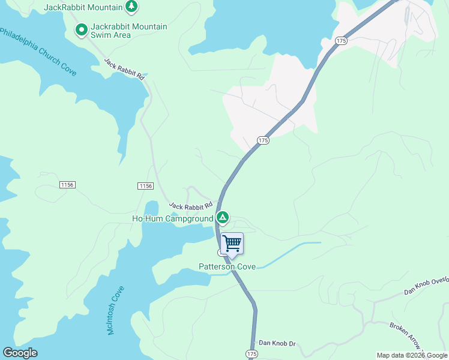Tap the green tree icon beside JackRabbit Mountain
click(132, 7)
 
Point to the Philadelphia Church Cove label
click(38, 50)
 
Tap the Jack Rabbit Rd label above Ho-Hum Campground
click(191, 205)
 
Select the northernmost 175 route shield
click(341, 40)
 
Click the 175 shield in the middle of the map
click(263, 140)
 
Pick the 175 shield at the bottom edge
click(252, 355)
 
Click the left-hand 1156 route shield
click(67, 185)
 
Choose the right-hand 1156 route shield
click(145, 186)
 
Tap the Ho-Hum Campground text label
click(172, 218)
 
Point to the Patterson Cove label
click(228, 266)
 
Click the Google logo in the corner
click(20, 353)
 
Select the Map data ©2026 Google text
click(412, 355)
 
